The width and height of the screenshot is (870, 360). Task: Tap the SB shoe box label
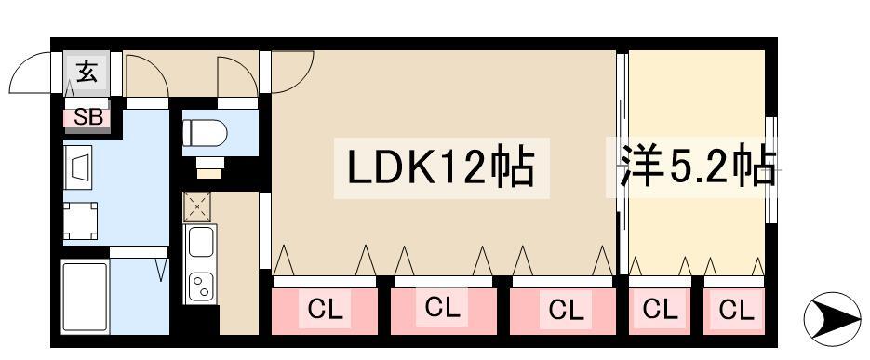pos(87,117)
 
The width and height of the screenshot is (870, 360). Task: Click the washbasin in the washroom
pos(80,167)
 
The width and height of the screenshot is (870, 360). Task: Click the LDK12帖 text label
pos(439,169)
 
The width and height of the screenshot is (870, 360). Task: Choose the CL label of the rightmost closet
pos(735,308)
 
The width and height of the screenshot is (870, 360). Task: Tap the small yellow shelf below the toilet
pos(210,170)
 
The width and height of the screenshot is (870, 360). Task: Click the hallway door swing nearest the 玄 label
pos(144,74)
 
